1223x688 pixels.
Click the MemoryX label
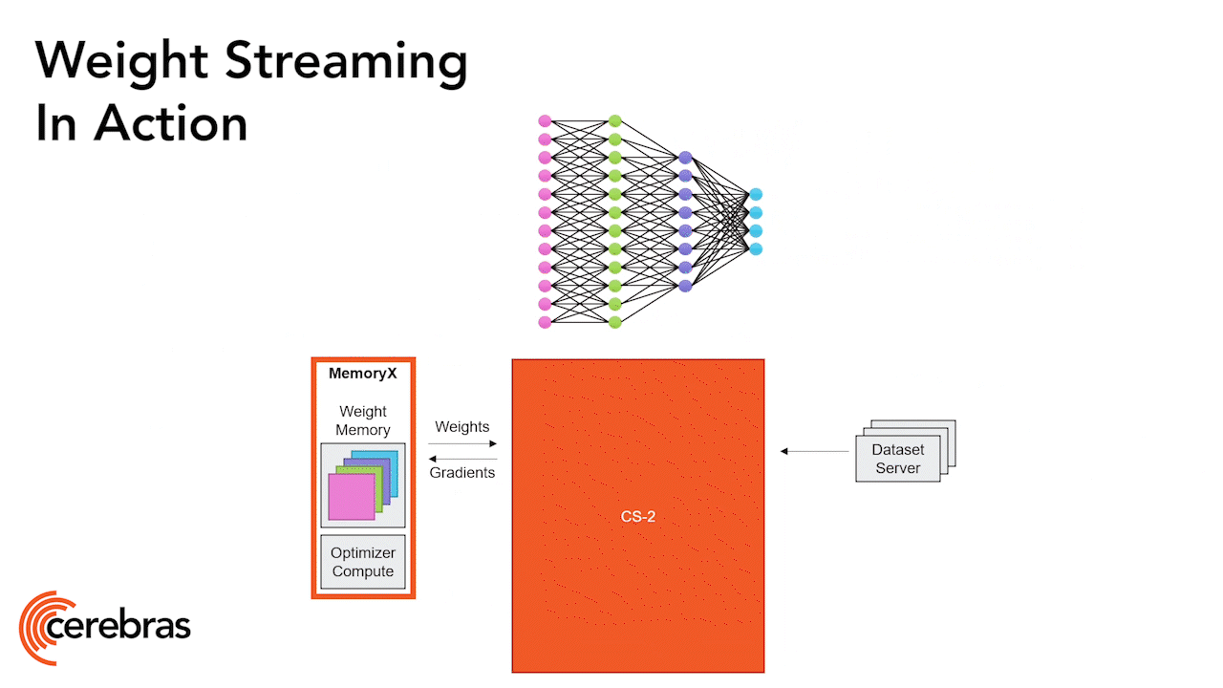click(x=362, y=374)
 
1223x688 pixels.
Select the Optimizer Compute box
click(x=362, y=562)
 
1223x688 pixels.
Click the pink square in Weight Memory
click(x=351, y=497)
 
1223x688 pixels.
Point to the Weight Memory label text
click(x=362, y=420)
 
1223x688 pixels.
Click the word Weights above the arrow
click(x=461, y=427)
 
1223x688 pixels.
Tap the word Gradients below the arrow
click(x=462, y=472)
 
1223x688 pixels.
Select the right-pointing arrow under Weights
click(x=462, y=443)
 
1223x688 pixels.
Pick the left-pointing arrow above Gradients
click(x=462, y=459)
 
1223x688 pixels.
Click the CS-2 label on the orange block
click(x=637, y=517)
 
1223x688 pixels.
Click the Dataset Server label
click(x=897, y=460)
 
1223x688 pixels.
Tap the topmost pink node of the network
click(x=545, y=121)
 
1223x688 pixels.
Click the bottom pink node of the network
click(x=545, y=322)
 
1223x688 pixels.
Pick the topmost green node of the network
click(x=615, y=121)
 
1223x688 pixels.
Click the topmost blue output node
click(x=756, y=195)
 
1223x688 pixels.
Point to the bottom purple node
click(x=685, y=286)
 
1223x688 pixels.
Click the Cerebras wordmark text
click(x=118, y=627)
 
